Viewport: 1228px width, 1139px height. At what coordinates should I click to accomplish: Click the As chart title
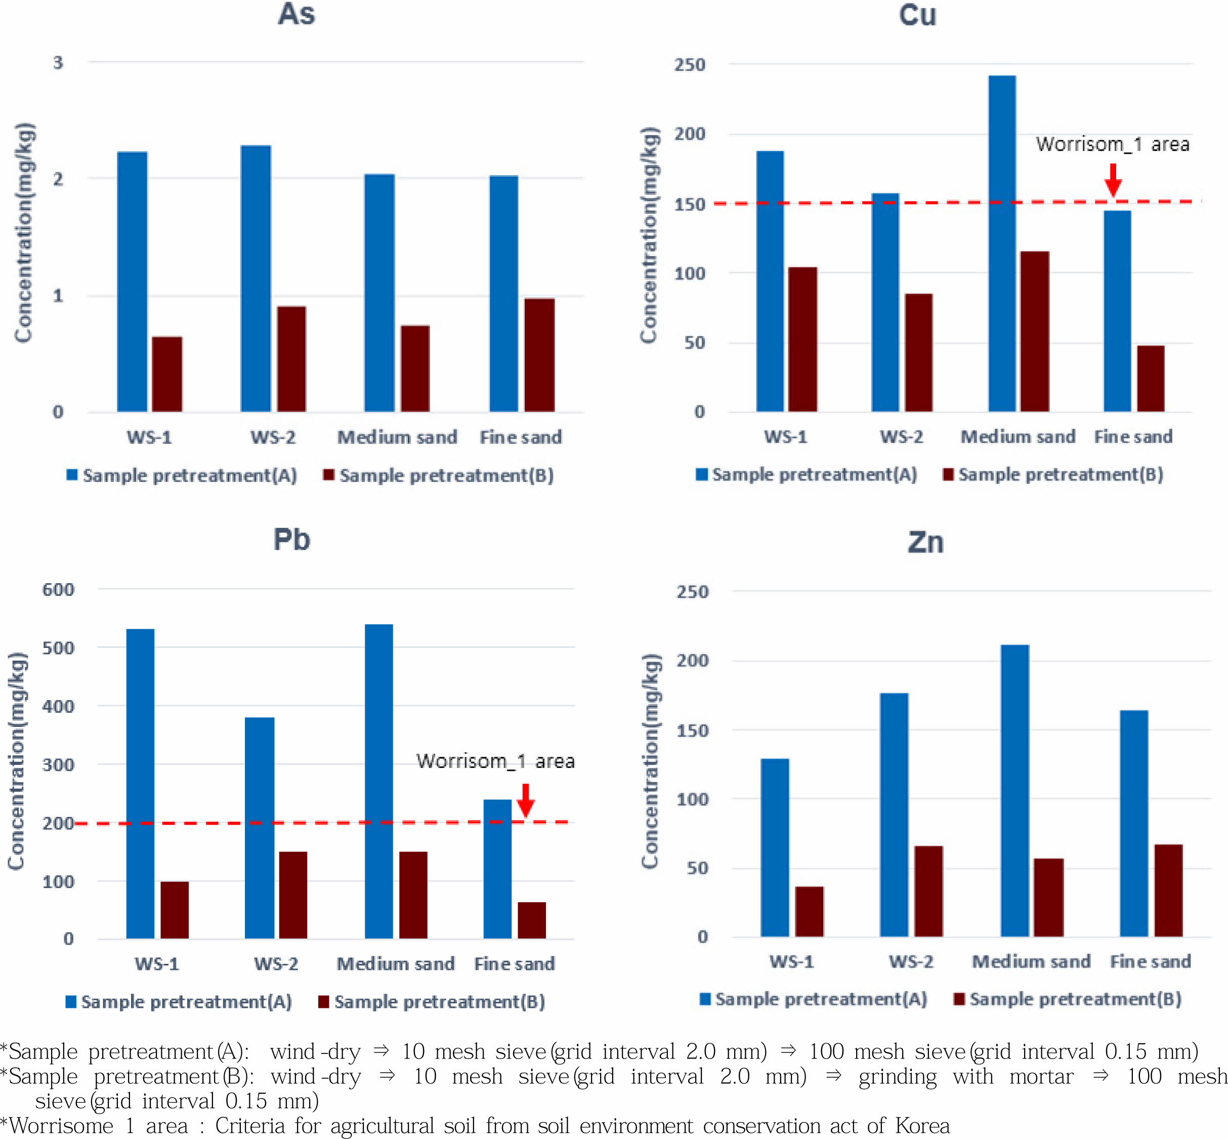point(297,15)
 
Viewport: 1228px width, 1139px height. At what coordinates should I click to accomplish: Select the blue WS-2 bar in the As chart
point(256,278)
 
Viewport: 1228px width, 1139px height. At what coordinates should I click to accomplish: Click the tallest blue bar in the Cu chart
point(1002,243)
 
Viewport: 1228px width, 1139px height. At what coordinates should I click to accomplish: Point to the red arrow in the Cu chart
point(1113,180)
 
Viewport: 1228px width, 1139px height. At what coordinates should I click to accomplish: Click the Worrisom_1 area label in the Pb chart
point(495,761)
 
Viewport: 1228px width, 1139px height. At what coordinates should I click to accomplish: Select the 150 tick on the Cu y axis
point(690,205)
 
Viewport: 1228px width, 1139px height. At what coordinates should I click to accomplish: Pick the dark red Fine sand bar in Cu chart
point(1151,379)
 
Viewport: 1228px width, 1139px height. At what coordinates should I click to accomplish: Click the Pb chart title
point(291,540)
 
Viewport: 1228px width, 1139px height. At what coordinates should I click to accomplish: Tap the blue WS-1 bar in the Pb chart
point(141,783)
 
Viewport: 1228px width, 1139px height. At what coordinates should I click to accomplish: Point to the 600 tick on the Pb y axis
point(59,590)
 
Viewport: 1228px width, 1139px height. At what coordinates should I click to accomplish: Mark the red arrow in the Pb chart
point(525,800)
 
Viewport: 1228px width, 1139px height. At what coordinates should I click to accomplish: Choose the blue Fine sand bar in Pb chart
point(497,869)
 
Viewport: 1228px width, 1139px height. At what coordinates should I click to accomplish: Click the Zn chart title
point(925,542)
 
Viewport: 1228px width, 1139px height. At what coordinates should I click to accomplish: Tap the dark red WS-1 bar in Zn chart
point(809,912)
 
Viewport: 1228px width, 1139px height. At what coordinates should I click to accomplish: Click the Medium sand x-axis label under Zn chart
point(1031,961)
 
